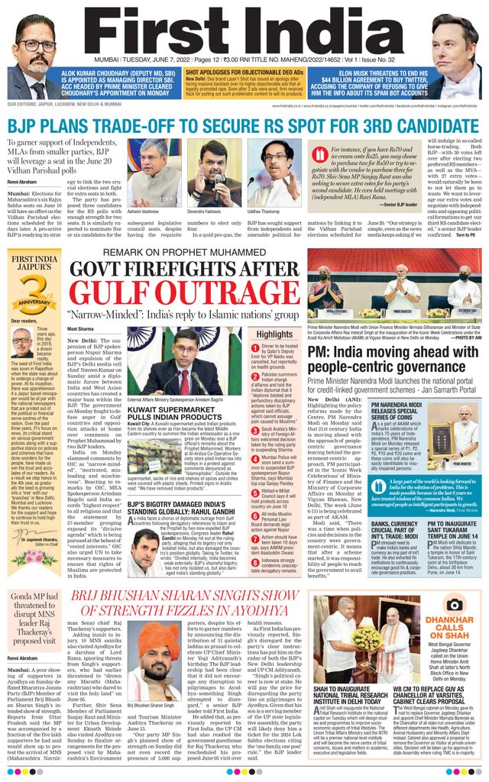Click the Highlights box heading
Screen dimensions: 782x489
point(274,334)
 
